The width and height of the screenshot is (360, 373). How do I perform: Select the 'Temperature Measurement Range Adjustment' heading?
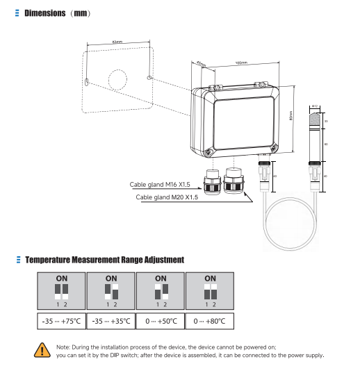pos(104,260)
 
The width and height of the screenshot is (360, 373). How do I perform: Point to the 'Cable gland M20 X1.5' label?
pos(167,197)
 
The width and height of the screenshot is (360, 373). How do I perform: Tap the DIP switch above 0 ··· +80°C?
pos(210,292)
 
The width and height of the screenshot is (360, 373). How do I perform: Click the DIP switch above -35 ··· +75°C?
pos(61,292)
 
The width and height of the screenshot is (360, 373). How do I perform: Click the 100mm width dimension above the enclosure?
pos(241,63)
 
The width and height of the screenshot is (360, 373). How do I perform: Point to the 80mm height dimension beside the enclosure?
pos(291,115)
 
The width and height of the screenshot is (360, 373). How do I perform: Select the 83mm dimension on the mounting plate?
pos(117,42)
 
